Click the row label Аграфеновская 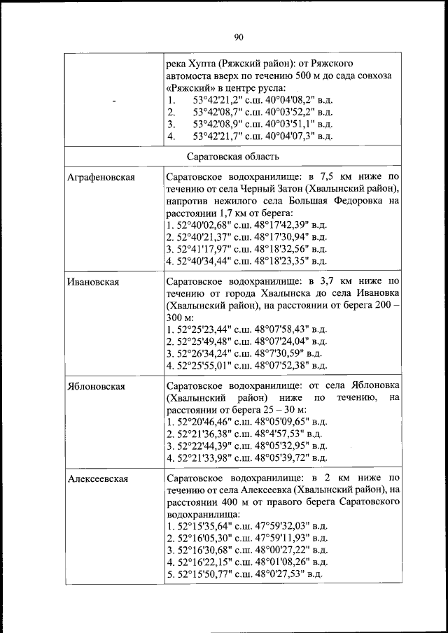(x=101, y=178)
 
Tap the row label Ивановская (x=93, y=282)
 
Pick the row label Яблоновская (x=97, y=386)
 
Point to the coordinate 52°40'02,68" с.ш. (x=204, y=225)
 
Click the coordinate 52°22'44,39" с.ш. (x=204, y=446)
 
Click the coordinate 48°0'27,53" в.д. (x=288, y=574)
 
